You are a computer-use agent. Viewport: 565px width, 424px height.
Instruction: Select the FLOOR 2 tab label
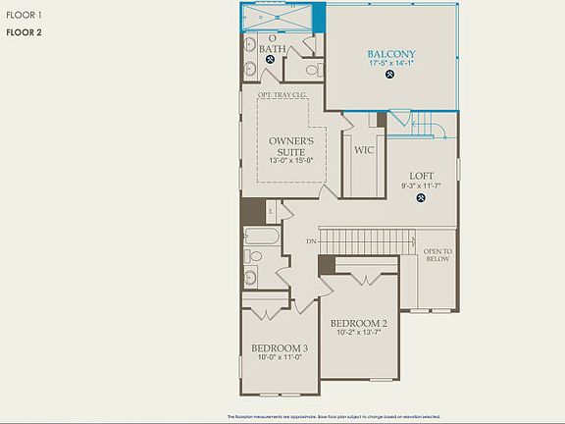coord(24,32)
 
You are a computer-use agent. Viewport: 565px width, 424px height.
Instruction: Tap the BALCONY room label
coord(391,54)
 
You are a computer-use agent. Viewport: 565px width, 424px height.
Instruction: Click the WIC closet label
coord(364,150)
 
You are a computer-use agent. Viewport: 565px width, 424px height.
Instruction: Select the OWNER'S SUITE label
coord(291,147)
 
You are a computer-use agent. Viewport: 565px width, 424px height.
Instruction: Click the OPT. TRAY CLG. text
coord(282,96)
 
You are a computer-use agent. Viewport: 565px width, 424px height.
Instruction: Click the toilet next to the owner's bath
coord(313,70)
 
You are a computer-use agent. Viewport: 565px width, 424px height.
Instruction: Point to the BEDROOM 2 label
coord(358,323)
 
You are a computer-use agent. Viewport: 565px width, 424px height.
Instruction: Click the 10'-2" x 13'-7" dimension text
coord(358,333)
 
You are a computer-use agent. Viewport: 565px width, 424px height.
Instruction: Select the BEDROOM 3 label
coord(280,348)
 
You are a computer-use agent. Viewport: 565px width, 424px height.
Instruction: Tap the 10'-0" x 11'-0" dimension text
coord(280,358)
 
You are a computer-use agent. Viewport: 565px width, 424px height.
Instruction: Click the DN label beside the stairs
coord(311,240)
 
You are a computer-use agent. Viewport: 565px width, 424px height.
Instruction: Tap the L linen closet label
coord(269,210)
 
